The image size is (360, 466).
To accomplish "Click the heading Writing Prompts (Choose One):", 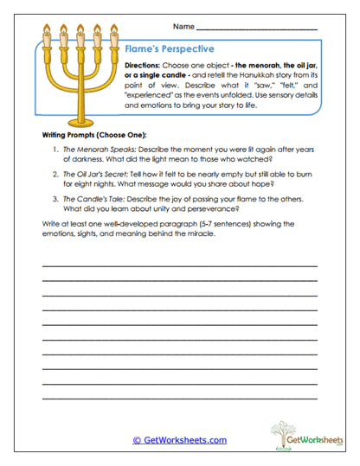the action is [x=94, y=137].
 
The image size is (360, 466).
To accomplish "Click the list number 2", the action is [x=55, y=173].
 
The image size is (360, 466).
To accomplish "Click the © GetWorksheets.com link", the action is [x=180, y=440].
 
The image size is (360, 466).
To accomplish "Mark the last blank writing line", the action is [x=179, y=399].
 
